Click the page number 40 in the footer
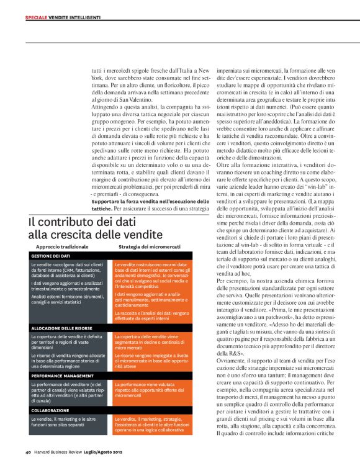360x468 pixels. point(29,451)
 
